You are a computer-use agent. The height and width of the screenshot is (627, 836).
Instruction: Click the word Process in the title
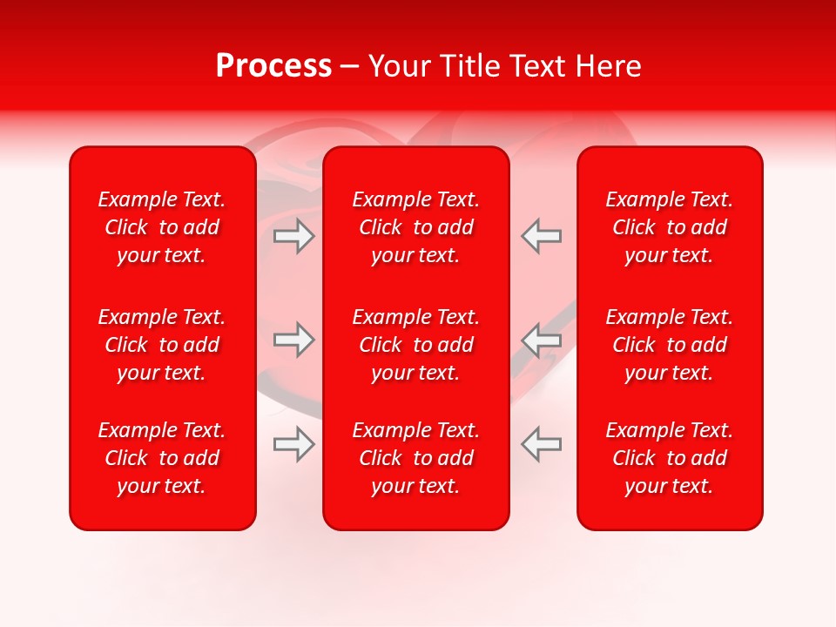[x=273, y=66]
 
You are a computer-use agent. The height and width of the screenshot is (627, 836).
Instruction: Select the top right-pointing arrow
[x=294, y=236]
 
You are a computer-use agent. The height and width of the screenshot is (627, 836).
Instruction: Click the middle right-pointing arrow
[x=294, y=340]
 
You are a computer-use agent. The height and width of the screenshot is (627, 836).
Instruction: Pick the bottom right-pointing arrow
[x=294, y=444]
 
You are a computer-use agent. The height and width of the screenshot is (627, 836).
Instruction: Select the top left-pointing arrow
[x=541, y=236]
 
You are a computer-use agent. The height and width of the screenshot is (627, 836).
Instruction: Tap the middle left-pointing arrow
[x=541, y=340]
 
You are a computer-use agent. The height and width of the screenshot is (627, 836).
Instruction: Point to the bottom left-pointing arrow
[x=541, y=444]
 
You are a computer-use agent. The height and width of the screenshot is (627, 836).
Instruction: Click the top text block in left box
[x=162, y=227]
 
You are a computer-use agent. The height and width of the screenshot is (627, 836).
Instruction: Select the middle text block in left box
[x=162, y=345]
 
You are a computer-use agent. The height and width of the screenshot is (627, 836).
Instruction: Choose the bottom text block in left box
[x=162, y=458]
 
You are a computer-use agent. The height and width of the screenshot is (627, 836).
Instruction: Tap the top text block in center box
[x=416, y=227]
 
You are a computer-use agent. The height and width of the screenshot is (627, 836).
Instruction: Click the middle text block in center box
[x=416, y=345]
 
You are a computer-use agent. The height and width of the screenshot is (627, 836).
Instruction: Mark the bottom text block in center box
[x=416, y=458]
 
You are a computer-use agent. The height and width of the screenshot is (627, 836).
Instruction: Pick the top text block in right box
[x=670, y=227]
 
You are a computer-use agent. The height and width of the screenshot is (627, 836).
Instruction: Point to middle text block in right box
[x=670, y=345]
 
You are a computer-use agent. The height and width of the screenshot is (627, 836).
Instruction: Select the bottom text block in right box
[x=670, y=458]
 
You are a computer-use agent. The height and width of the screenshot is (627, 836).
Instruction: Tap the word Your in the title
[x=399, y=66]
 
